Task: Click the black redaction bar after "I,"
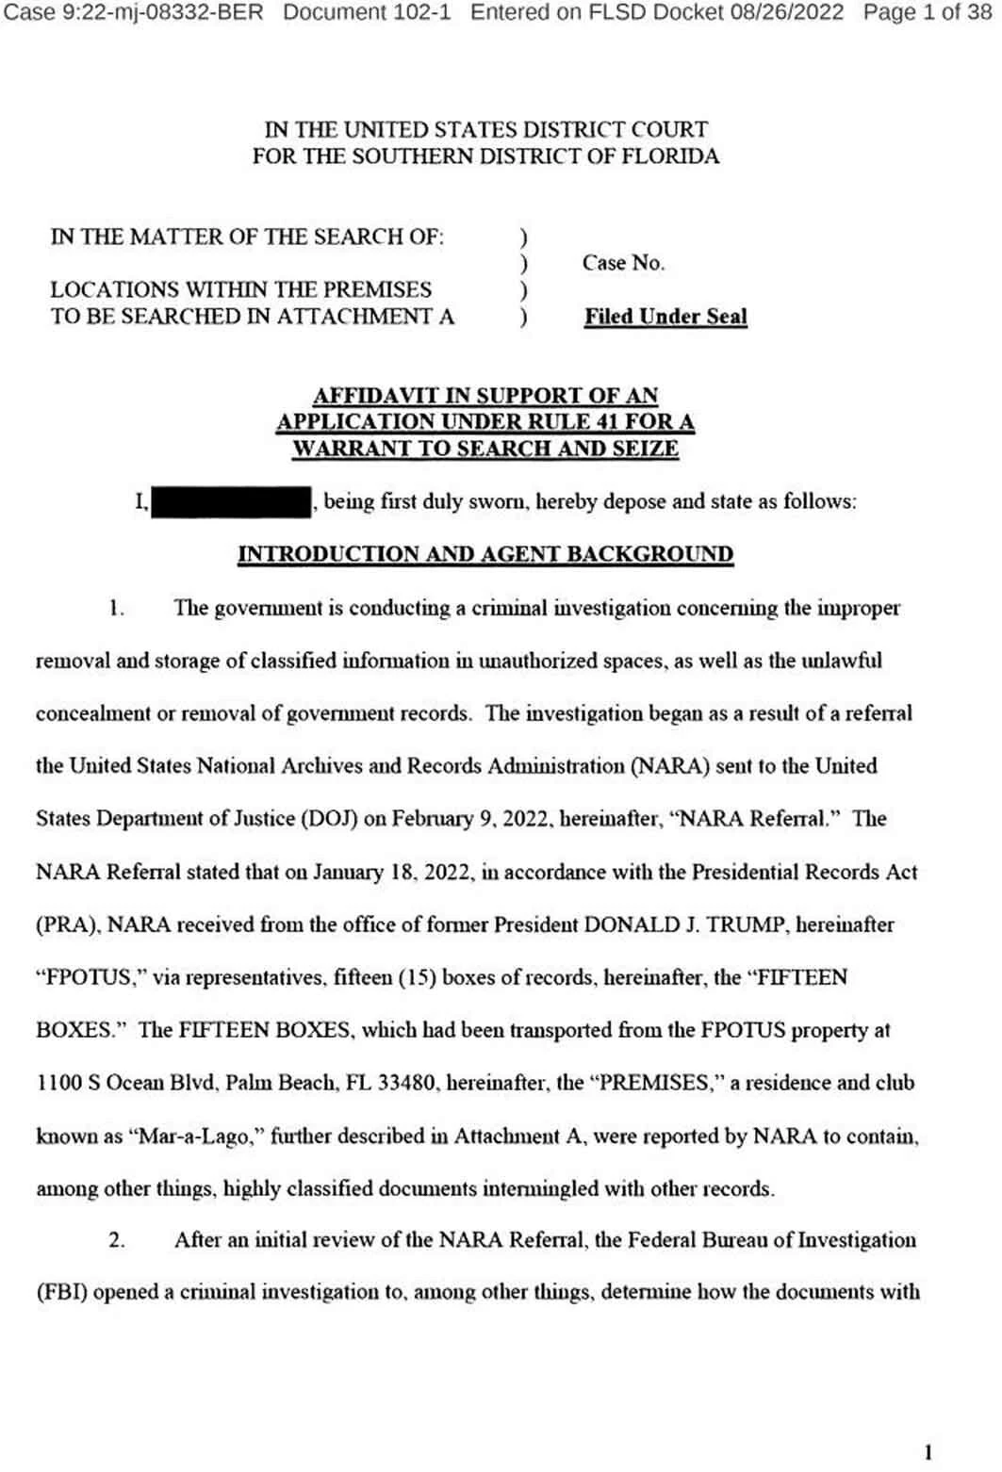(x=231, y=502)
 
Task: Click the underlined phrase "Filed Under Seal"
(x=665, y=317)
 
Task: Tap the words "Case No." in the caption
(x=623, y=263)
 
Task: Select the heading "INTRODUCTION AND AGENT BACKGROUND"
(x=485, y=554)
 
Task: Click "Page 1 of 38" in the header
(x=928, y=13)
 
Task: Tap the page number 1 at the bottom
(x=928, y=1452)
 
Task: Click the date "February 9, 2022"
(x=470, y=819)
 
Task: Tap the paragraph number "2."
(x=117, y=1240)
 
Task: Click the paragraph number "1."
(x=117, y=608)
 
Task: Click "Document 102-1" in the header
(x=367, y=13)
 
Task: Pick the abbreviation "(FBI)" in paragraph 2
(x=62, y=1292)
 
